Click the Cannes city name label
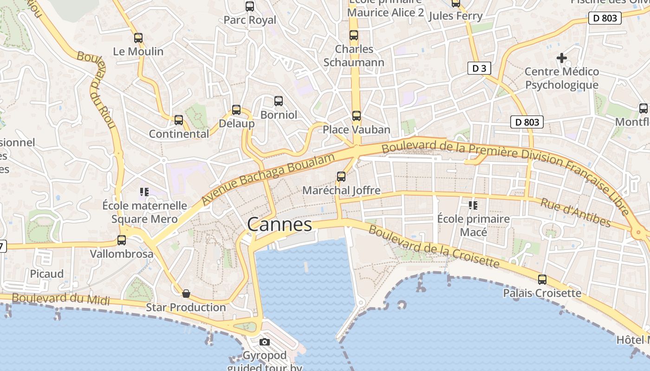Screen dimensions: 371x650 point(279,224)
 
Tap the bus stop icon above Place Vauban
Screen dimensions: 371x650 point(356,116)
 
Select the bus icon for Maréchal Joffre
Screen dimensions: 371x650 point(341,177)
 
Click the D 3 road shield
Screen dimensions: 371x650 point(479,69)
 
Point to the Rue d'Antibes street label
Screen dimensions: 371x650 point(575,212)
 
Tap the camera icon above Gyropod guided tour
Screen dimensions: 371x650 point(265,342)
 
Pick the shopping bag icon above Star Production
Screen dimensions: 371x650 point(186,294)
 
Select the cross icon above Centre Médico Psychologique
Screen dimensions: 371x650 point(562,58)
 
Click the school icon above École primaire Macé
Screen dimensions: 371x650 point(473,205)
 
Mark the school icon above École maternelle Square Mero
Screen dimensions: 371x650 point(144,192)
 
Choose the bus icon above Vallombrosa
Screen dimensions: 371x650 point(122,240)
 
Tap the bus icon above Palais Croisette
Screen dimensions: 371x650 point(542,280)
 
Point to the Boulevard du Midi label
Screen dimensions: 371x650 point(60,299)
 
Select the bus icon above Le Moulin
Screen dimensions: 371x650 point(138,38)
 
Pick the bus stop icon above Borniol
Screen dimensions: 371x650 point(279,101)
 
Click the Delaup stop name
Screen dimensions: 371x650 point(237,123)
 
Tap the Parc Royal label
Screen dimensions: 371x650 point(250,20)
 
